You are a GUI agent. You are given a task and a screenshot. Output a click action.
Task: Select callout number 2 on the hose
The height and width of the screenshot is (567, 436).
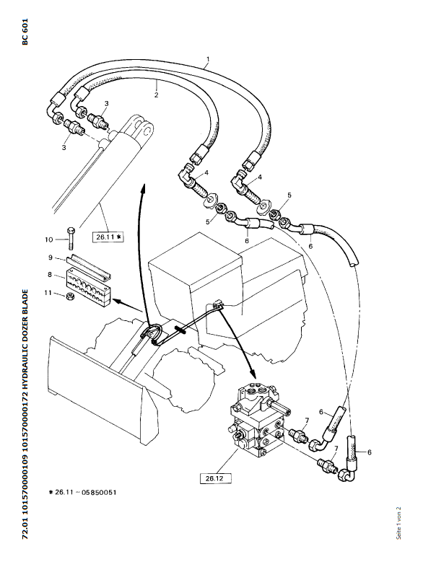[x=156, y=94]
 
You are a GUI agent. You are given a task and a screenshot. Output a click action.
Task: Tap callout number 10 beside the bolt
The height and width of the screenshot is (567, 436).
[x=48, y=239]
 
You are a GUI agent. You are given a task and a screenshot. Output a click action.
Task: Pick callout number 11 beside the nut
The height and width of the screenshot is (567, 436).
[x=48, y=292]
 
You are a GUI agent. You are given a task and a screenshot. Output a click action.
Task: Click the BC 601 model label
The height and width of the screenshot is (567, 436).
[x=25, y=32]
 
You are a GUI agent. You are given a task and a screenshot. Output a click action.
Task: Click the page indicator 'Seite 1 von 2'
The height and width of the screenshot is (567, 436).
[x=398, y=523]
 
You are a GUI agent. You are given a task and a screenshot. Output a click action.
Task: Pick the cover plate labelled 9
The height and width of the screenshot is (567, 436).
[x=90, y=260]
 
